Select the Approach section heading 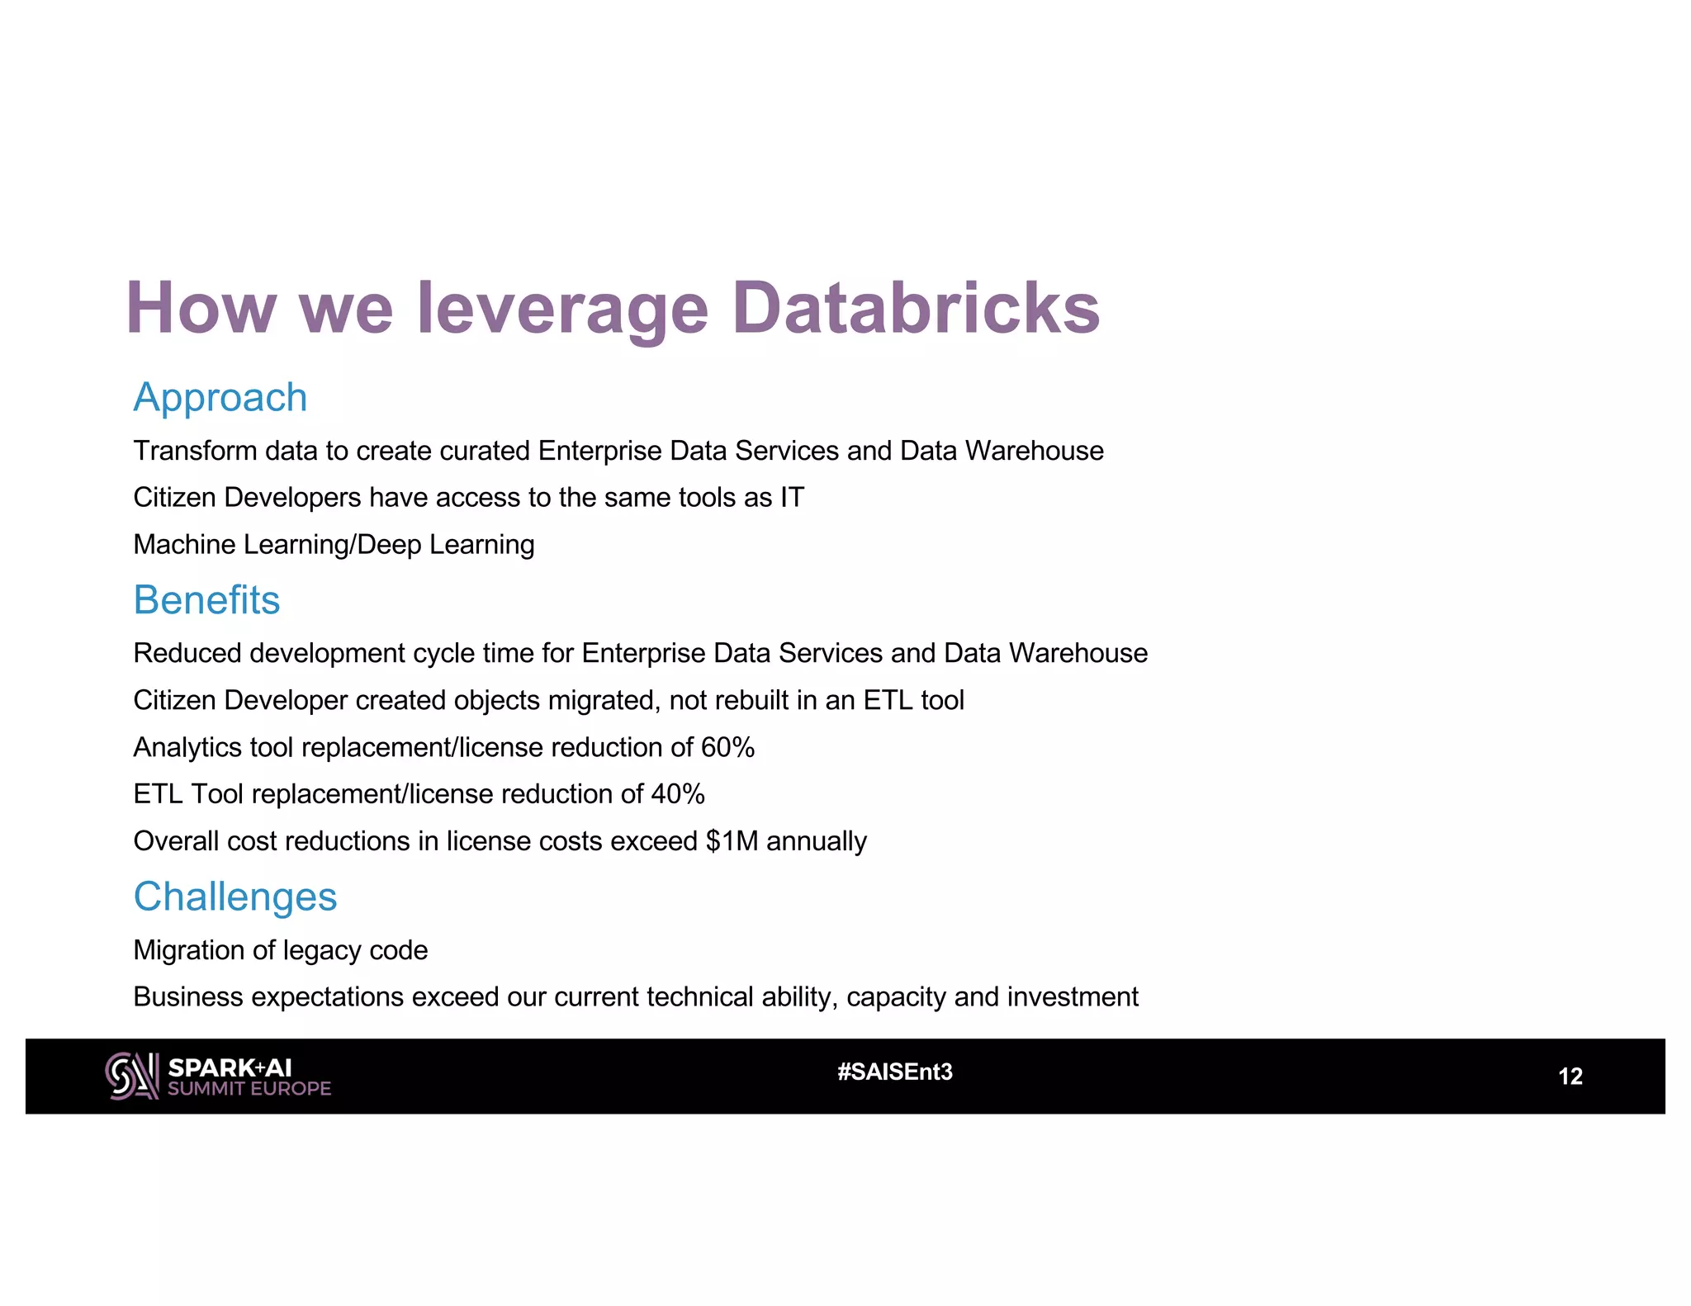[x=220, y=398]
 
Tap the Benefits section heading [x=206, y=600]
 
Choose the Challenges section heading [x=235, y=897]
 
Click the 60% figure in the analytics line [x=727, y=747]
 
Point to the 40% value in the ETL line [x=678, y=794]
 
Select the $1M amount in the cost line [x=732, y=841]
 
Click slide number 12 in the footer [x=1570, y=1077]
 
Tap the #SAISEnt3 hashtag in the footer [x=895, y=1072]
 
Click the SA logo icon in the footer [x=132, y=1076]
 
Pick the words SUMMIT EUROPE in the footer [x=249, y=1089]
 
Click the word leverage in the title [x=562, y=308]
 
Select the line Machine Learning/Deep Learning [x=334, y=545]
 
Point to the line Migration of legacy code [x=281, y=950]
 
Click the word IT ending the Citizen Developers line [x=792, y=498]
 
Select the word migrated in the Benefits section [x=603, y=700]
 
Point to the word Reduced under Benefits [x=187, y=653]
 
